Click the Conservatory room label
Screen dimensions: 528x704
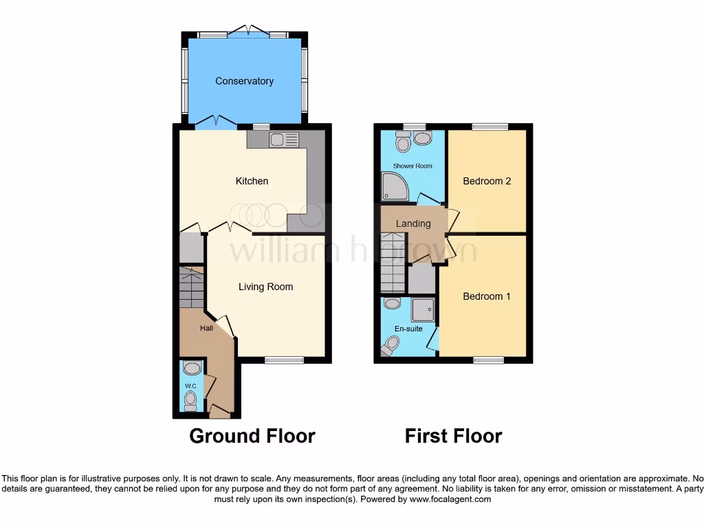pyautogui.click(x=244, y=81)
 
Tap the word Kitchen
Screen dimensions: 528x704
pyautogui.click(x=252, y=181)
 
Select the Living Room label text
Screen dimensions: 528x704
pyautogui.click(x=265, y=287)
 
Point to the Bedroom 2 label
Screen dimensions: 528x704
pyautogui.click(x=487, y=181)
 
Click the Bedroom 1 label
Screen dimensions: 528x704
pyautogui.click(x=487, y=296)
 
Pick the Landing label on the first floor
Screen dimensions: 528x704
pyautogui.click(x=413, y=223)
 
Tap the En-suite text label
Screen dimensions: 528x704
pyautogui.click(x=408, y=329)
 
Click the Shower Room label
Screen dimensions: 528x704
pyautogui.click(x=412, y=166)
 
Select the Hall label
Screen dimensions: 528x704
pyautogui.click(x=206, y=329)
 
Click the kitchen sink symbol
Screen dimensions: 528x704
pyautogui.click(x=284, y=140)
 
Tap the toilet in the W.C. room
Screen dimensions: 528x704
pyautogui.click(x=190, y=399)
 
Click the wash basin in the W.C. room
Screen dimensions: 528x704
pyautogui.click(x=192, y=368)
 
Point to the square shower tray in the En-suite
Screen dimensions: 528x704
pyautogui.click(x=422, y=310)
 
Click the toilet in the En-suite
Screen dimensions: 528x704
pyautogui.click(x=392, y=344)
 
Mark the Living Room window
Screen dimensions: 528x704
pyautogui.click(x=284, y=360)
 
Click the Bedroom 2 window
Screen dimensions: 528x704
pyautogui.click(x=489, y=126)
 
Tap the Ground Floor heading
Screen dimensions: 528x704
pyautogui.click(x=252, y=436)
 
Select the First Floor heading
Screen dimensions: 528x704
pyautogui.click(x=453, y=436)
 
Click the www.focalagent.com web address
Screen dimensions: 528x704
pyautogui.click(x=450, y=499)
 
